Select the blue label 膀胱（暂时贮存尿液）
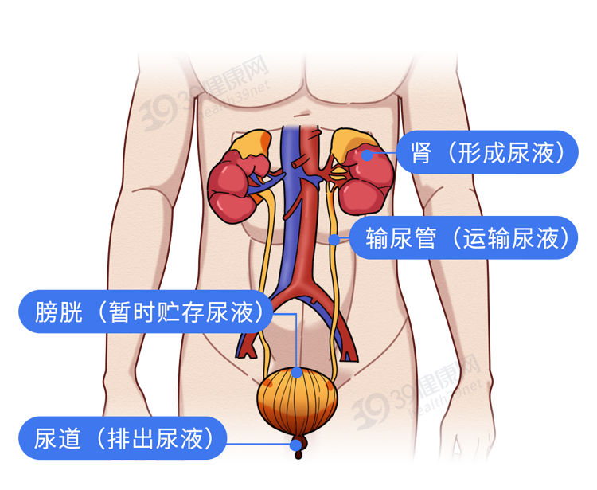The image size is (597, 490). click(146, 312)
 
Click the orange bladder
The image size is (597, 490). click(298, 403)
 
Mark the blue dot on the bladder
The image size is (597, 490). click(297, 371)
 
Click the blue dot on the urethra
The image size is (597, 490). click(298, 444)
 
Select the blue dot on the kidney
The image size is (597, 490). click(367, 155)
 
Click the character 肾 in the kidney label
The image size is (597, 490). click(423, 152)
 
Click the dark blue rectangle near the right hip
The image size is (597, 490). click(440, 391)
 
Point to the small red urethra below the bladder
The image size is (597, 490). click(299, 452)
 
